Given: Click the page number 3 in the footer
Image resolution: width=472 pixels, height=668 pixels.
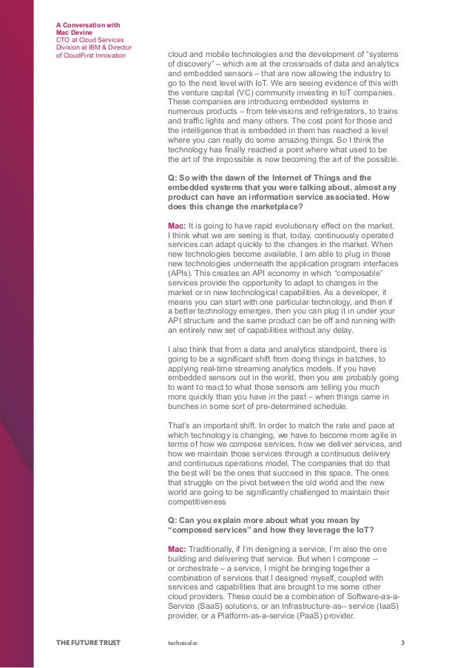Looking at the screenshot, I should [402, 642].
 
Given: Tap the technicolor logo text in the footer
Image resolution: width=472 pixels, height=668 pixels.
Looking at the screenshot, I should [183, 642].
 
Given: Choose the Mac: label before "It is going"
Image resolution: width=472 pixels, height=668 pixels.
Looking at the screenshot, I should [178, 226].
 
